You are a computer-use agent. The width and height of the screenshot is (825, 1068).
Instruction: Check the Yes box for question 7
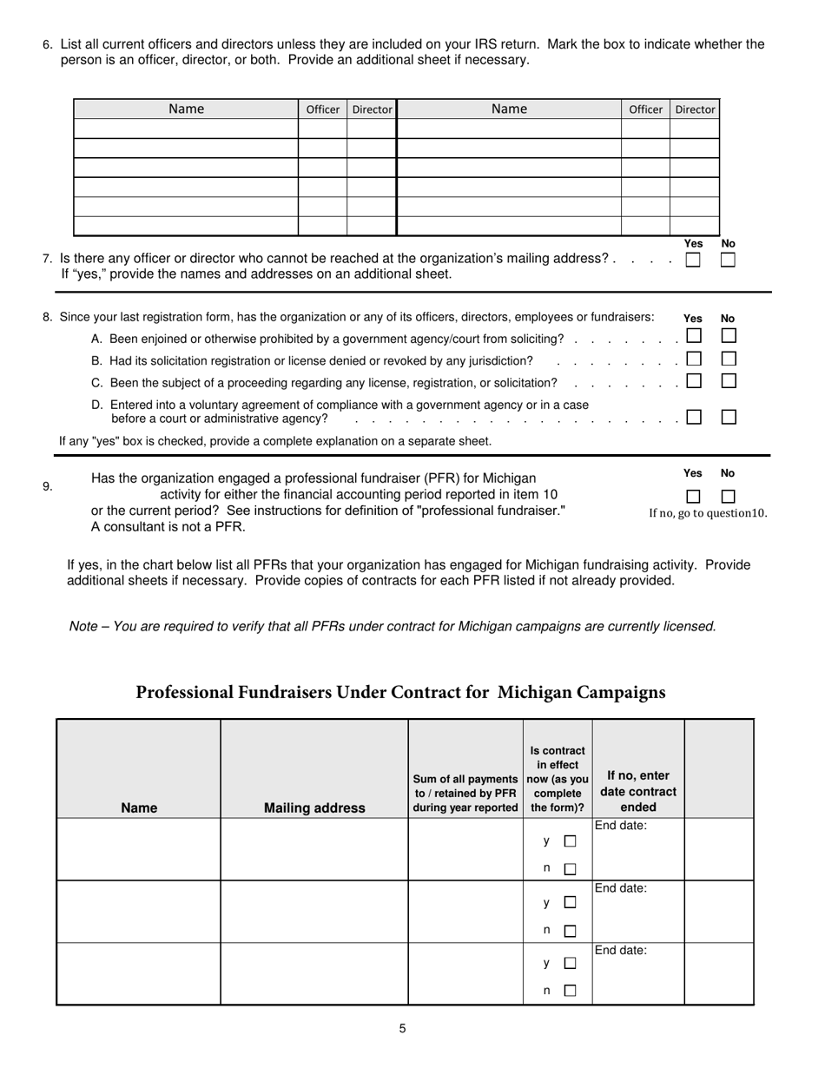pos(692,260)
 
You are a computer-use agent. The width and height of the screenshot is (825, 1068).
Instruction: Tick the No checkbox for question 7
pos(728,260)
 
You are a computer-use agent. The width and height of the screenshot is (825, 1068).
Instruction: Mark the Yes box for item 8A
pos(694,335)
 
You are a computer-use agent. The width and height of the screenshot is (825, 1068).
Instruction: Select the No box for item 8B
pos(729,358)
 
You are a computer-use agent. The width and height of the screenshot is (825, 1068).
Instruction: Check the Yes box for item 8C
pos(694,380)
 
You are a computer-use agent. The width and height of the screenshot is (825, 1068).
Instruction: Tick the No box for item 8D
pos(729,417)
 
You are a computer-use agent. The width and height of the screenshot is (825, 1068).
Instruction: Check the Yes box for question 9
pos(693,497)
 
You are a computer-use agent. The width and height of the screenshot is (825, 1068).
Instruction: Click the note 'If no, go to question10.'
pos(708,513)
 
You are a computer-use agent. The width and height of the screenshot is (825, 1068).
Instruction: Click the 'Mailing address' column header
pos(314,808)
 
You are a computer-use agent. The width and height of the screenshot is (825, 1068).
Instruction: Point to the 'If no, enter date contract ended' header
pos(638,791)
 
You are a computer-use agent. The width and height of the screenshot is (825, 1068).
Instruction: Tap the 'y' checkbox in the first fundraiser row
pos(571,841)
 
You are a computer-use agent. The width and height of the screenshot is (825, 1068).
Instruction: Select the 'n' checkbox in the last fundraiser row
pos(571,990)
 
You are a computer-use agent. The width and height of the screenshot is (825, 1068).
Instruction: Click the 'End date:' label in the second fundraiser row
pos(620,888)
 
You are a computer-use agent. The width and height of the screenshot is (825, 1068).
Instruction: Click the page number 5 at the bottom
pos(403,1029)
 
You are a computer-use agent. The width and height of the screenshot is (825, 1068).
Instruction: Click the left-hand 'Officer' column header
pos(322,109)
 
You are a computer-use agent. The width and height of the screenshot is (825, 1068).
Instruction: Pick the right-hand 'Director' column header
pos(695,109)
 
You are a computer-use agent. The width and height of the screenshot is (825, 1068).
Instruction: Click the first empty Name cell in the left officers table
pos(186,129)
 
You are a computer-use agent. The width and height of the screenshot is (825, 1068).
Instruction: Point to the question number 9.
pos(48,487)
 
